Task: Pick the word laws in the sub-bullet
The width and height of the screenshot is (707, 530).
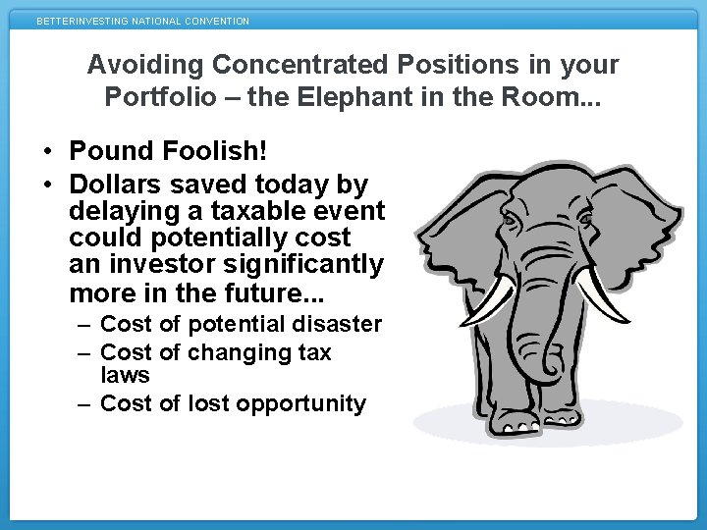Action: tap(125, 375)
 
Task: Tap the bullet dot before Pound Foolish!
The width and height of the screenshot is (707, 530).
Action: tap(46, 152)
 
